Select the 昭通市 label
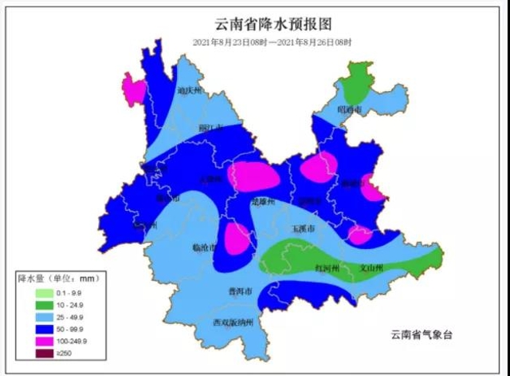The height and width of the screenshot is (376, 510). click(x=349, y=109)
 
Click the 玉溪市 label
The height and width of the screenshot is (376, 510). click(x=301, y=228)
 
